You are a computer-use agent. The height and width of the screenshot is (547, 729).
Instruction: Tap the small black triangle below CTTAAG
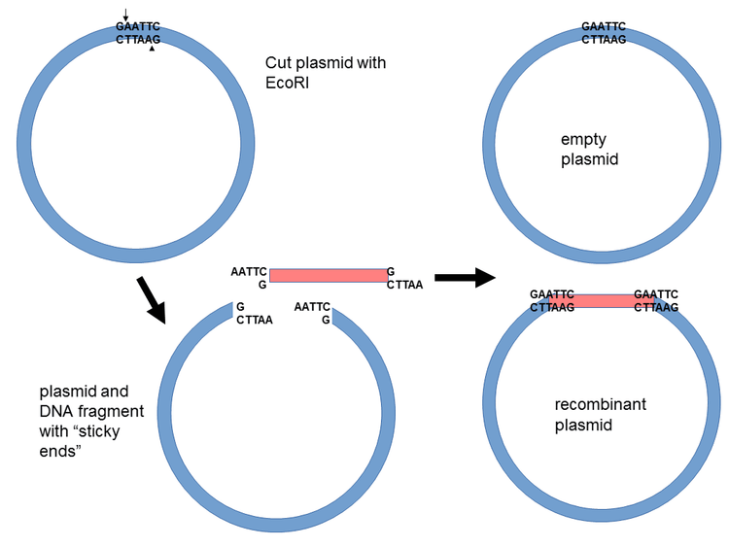[151, 50]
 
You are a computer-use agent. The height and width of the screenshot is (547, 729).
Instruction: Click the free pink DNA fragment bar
[328, 276]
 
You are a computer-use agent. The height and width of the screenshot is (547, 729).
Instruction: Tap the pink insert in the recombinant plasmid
[593, 301]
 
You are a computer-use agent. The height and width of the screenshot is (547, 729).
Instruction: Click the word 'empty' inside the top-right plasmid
[583, 139]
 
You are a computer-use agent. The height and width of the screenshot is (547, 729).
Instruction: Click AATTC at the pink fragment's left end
[249, 272]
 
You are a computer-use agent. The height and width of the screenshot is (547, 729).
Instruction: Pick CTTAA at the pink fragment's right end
[403, 286]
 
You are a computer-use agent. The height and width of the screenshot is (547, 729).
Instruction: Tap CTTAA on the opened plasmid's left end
[255, 320]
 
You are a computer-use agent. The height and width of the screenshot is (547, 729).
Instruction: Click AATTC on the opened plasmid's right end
[312, 306]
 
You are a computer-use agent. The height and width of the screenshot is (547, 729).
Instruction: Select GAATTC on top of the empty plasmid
[604, 26]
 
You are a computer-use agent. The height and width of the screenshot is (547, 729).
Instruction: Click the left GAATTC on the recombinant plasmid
[552, 293]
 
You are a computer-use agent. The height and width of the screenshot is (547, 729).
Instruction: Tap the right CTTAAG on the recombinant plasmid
[656, 307]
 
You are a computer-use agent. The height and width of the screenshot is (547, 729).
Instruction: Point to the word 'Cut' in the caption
[280, 63]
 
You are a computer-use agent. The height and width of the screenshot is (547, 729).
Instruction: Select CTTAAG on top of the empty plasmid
[604, 39]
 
